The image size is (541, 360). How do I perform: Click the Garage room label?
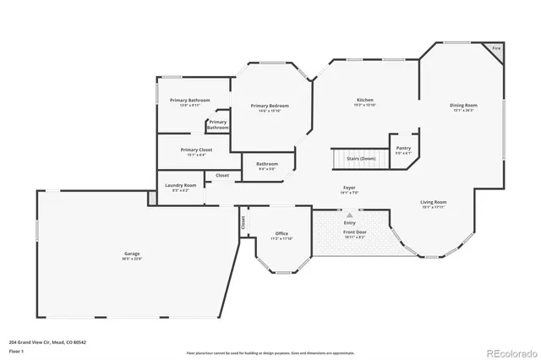(132, 253)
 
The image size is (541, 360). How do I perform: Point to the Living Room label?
(434, 202)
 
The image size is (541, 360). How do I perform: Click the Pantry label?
(403, 148)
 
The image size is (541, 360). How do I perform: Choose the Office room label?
(282, 233)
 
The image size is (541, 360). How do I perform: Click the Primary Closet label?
(197, 150)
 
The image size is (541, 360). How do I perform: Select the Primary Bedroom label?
(270, 106)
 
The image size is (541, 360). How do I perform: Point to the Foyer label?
(348, 187)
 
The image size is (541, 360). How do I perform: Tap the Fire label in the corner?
(496, 50)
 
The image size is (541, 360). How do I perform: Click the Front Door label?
(354, 232)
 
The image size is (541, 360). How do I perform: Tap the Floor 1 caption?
(15, 350)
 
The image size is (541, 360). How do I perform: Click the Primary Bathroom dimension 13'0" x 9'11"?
(189, 105)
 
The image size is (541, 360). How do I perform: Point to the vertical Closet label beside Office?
(243, 223)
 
